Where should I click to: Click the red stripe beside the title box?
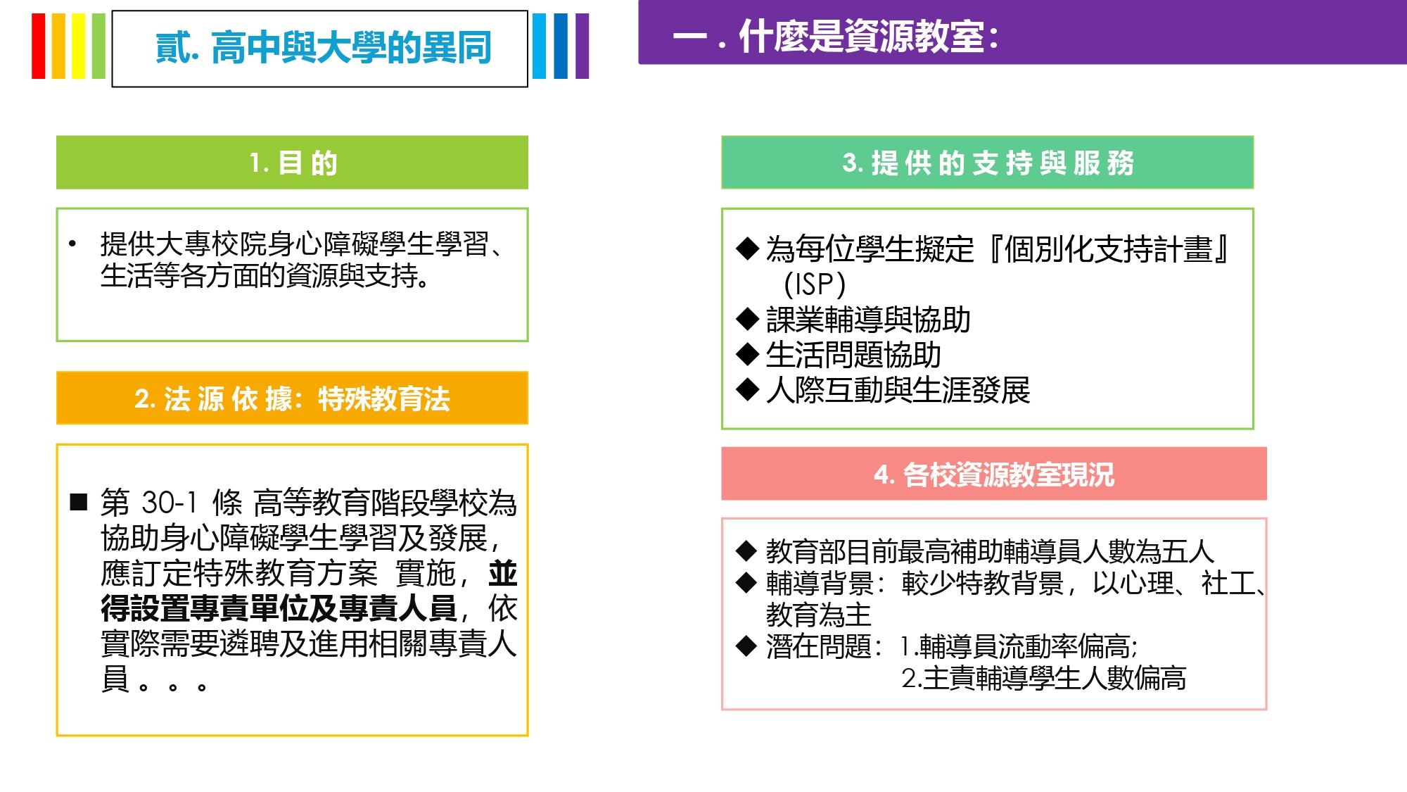tap(38, 46)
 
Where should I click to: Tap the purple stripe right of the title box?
tap(582, 46)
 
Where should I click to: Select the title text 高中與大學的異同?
tap(351, 48)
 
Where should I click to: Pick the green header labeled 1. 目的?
tap(292, 163)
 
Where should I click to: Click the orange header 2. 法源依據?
tap(292, 398)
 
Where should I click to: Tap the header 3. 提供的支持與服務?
tap(988, 163)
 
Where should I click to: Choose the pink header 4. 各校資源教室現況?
tap(994, 474)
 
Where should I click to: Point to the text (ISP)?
tap(815, 284)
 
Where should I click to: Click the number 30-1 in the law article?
tap(169, 503)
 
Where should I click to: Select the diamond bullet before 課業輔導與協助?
tap(747, 319)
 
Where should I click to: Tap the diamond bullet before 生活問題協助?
tap(747, 354)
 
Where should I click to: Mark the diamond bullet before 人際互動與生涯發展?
tap(747, 389)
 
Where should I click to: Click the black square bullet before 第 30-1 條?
tap(79, 502)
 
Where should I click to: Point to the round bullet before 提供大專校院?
tap(72, 244)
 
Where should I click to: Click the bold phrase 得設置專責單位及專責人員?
tap(279, 608)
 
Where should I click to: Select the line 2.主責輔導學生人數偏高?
tap(1043, 678)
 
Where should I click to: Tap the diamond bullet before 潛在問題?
tap(746, 646)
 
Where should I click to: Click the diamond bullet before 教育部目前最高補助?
tap(746, 551)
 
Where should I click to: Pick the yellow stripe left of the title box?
tap(78, 46)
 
